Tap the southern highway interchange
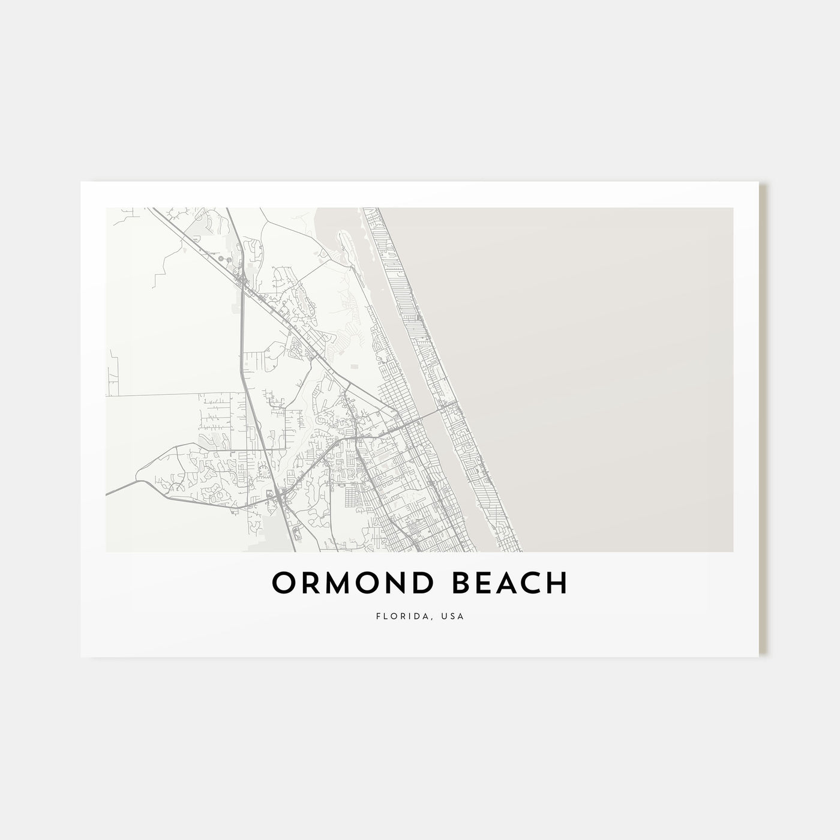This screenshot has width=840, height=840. click(281, 495)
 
